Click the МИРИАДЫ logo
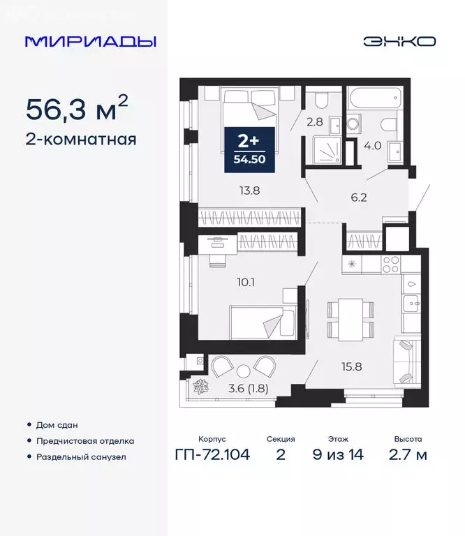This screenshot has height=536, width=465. click(x=90, y=41)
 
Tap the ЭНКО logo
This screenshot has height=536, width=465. click(x=399, y=41)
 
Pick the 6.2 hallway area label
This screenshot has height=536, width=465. click(x=358, y=198)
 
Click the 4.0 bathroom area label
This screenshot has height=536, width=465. click(x=374, y=147)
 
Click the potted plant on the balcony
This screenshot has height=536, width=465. click(x=200, y=385)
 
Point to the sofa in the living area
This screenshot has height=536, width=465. click(x=406, y=360)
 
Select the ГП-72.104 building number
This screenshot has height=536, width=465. click(x=212, y=455)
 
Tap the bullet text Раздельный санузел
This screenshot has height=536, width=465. click(x=81, y=457)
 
